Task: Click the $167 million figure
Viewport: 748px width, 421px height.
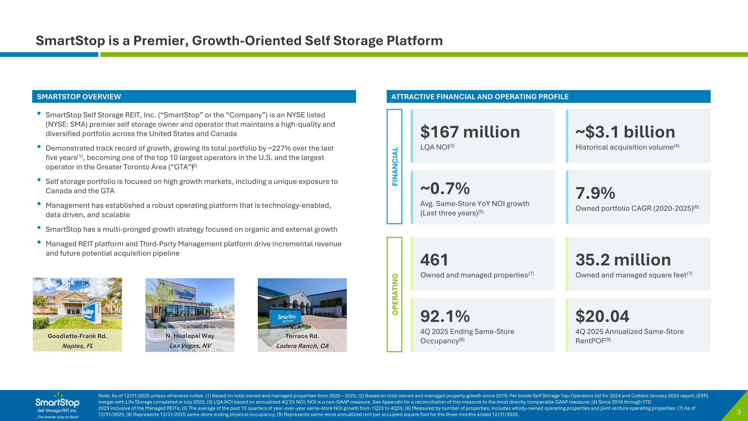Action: click(x=470, y=132)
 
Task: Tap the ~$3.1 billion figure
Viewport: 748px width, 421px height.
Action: click(x=625, y=132)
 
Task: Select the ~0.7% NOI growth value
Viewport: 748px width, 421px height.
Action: click(x=445, y=189)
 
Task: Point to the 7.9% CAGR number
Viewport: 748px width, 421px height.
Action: click(x=595, y=193)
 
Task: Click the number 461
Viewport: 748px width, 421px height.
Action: click(x=434, y=260)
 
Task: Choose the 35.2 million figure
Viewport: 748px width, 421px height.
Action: click(x=623, y=260)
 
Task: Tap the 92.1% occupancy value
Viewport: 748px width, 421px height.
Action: click(x=445, y=316)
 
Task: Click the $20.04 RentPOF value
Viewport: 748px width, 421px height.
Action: click(x=602, y=316)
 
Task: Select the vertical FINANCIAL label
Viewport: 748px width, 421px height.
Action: click(x=395, y=166)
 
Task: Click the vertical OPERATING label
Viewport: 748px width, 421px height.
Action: click(x=395, y=294)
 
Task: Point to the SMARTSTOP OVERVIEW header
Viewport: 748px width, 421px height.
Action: click(x=79, y=97)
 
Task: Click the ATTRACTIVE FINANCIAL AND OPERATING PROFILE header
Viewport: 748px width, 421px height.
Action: click(x=480, y=97)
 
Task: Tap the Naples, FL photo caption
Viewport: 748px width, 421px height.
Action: click(x=77, y=346)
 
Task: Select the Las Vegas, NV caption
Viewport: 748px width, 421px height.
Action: click(x=190, y=346)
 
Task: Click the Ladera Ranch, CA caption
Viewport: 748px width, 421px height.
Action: click(x=302, y=346)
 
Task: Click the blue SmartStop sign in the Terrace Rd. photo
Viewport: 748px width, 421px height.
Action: click(x=287, y=318)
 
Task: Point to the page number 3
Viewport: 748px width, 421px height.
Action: click(x=739, y=412)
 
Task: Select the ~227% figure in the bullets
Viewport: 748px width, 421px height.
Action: click(x=279, y=148)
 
